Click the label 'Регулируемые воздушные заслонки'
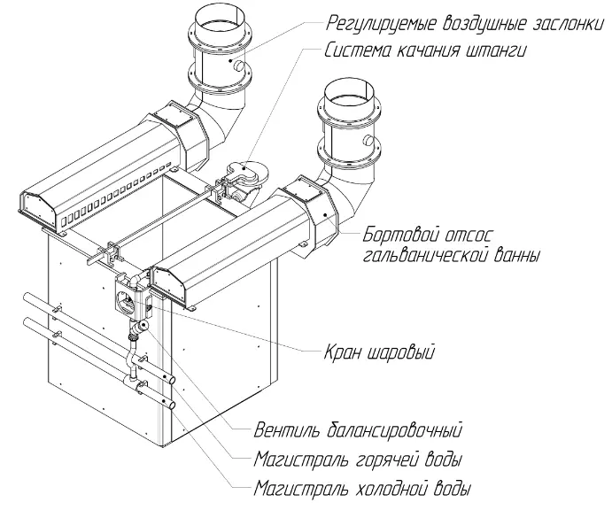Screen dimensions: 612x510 tap(464, 23)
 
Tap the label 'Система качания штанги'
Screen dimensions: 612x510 tap(425, 50)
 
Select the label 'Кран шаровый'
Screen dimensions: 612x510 tap(379, 352)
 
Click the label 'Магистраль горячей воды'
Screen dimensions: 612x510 tap(358, 459)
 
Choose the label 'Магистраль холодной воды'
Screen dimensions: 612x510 tap(362, 488)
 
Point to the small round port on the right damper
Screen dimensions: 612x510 tap(368, 140)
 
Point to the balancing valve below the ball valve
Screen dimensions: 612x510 tap(138, 328)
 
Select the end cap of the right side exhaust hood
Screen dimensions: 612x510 tap(168, 284)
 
